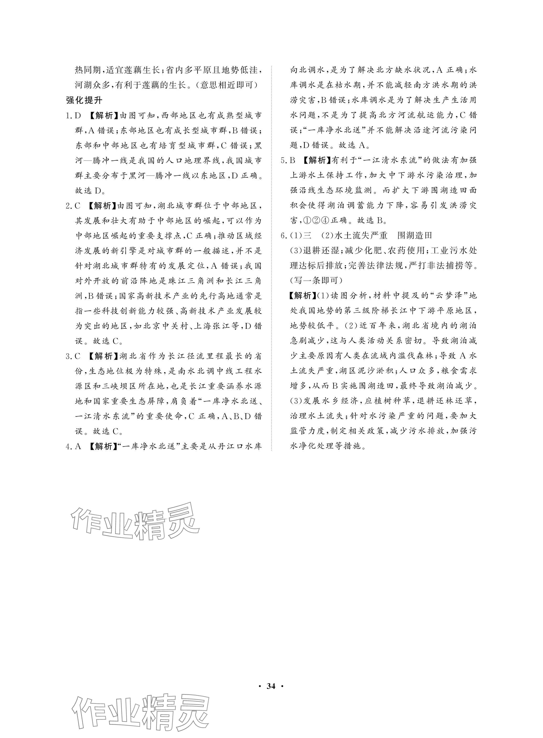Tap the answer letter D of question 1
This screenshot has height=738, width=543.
coord(78,116)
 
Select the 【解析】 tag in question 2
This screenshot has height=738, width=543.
coord(103,206)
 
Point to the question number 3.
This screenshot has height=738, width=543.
coord(68,356)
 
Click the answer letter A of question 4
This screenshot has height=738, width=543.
coord(78,446)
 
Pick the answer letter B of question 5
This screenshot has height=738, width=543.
coord(293,160)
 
